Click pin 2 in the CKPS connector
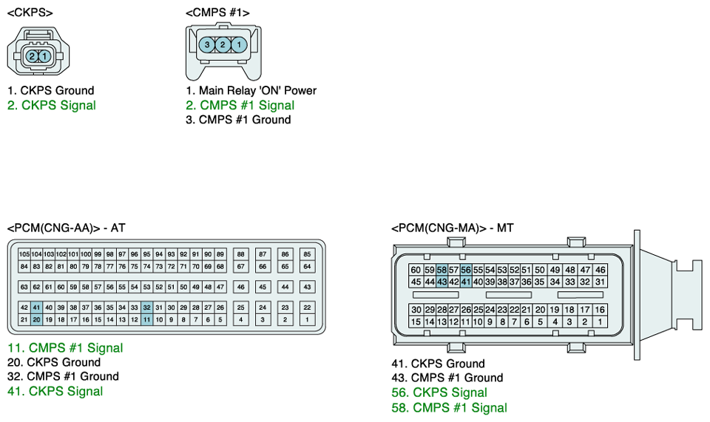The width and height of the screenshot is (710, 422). (x=32, y=57)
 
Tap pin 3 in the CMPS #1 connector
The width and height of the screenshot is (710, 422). (x=207, y=44)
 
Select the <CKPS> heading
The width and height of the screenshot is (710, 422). (x=30, y=13)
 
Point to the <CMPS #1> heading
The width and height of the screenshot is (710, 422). (x=217, y=13)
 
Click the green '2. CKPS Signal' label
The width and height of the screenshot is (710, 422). (x=52, y=106)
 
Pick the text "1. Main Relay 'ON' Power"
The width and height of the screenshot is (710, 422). (x=251, y=90)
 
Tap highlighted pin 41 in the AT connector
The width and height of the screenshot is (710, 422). (x=36, y=307)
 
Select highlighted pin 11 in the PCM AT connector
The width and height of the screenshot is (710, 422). (x=146, y=319)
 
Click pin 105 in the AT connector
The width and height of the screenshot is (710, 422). (x=24, y=254)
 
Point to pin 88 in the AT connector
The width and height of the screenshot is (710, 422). (x=241, y=254)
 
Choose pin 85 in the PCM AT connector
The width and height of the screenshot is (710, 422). (x=307, y=254)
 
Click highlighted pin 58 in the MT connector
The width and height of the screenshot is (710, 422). (x=442, y=270)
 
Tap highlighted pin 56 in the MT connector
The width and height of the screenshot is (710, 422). (x=465, y=270)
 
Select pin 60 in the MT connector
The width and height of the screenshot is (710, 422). (x=416, y=270)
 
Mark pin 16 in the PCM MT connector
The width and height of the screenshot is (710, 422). (x=600, y=310)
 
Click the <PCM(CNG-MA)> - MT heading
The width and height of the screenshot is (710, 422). (x=453, y=228)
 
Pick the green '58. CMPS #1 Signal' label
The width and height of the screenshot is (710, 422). (x=449, y=407)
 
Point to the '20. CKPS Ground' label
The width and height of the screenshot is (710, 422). (x=54, y=362)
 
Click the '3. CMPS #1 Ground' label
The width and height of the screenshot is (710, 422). (x=238, y=120)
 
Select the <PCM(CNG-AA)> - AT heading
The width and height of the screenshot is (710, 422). (x=66, y=228)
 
